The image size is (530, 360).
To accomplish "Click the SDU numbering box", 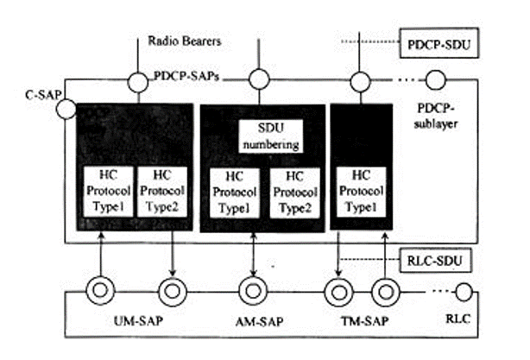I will [x=269, y=137].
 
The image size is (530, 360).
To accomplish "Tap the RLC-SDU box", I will [x=435, y=257].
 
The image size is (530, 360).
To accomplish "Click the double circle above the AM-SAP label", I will [x=254, y=289].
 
